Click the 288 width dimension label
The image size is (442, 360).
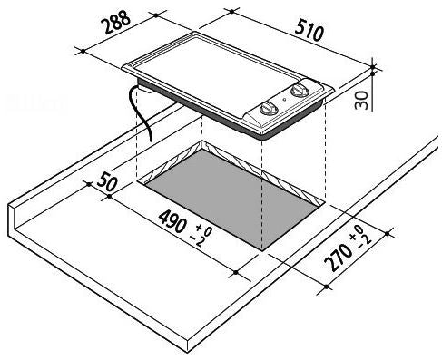tap(117, 22)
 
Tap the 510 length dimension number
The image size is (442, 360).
tap(309, 30)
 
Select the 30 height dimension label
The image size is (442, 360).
tap(361, 100)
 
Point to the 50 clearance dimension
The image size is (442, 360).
tap(107, 180)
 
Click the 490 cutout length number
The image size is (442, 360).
tap(172, 222)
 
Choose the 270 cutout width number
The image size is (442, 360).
tap(339, 258)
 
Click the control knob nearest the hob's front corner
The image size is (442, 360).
tap(268, 109)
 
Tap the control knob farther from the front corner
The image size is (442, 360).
tap(299, 90)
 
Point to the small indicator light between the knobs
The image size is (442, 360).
tap(284, 99)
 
